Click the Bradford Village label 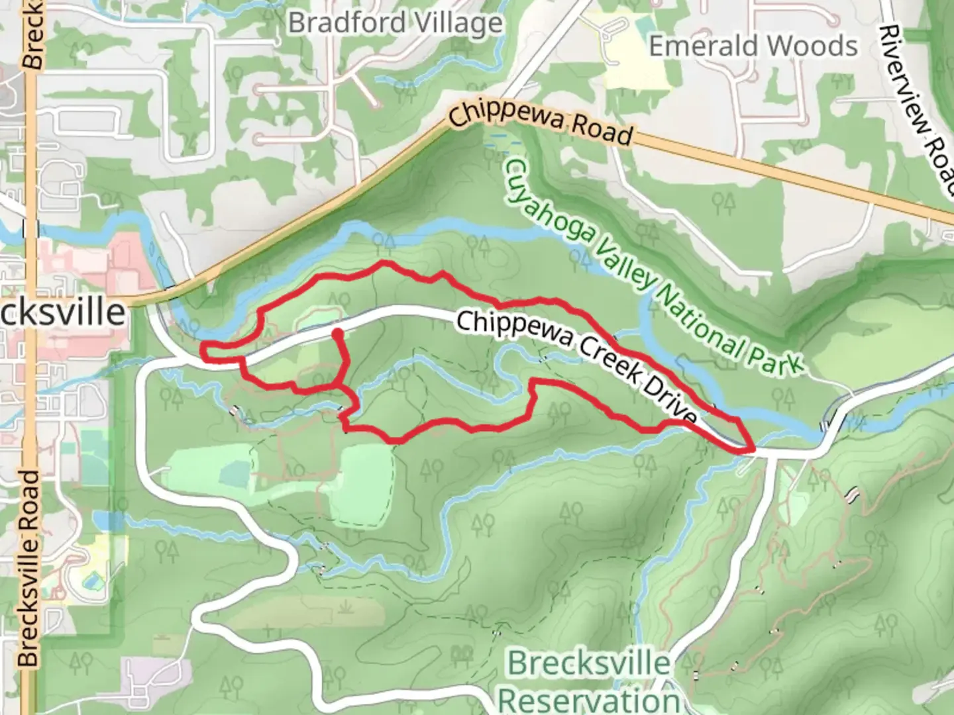pyautogui.click(x=396, y=24)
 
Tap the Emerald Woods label pyautogui.click(x=753, y=46)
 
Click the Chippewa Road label pyautogui.click(x=540, y=123)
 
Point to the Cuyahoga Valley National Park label pyautogui.click(x=652, y=265)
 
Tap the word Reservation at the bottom pyautogui.click(x=589, y=700)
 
